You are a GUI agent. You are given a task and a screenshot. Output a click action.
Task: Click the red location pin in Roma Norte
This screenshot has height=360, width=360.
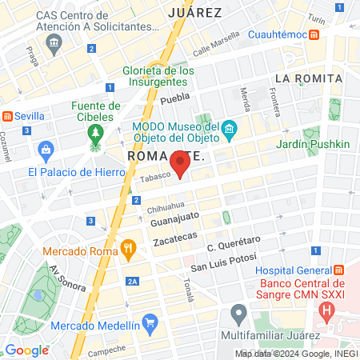[x=181, y=164]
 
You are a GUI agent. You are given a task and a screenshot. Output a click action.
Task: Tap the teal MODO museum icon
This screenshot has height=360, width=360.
[x=230, y=129]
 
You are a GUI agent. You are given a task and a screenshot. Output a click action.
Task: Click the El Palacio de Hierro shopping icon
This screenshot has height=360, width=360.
[x=46, y=148]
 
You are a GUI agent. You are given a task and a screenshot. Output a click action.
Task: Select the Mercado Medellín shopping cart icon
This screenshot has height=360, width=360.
[x=150, y=325]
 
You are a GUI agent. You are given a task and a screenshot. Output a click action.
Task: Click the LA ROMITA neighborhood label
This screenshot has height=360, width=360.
[x=308, y=78]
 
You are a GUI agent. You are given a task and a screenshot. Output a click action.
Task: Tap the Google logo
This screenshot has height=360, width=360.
[x=26, y=350]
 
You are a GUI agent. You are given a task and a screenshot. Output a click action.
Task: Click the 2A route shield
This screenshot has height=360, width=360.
[x=133, y=282]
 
